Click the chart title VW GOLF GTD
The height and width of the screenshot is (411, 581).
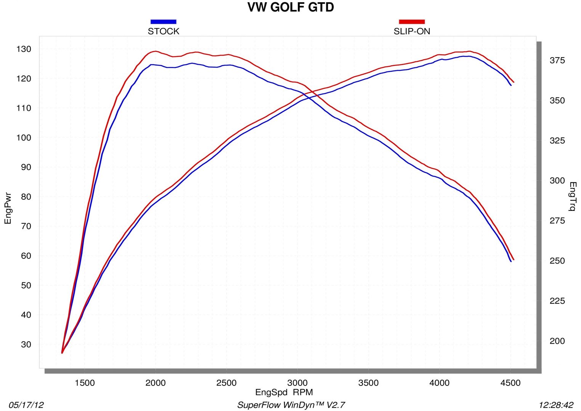(290, 7)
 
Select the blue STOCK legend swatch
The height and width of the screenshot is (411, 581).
(163, 22)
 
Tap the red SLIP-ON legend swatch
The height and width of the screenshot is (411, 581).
(411, 22)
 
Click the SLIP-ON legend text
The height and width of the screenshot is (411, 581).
(412, 31)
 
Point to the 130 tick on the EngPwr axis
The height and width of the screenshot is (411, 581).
(24, 49)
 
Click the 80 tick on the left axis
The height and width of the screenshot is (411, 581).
(26, 197)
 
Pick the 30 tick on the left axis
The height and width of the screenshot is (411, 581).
(26, 344)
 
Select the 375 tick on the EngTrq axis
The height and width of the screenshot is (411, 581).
(557, 61)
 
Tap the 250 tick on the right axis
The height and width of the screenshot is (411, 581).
(557, 261)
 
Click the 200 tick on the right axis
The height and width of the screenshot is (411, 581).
(557, 341)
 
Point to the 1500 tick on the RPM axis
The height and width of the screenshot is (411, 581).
(85, 383)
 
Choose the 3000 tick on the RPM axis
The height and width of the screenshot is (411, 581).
(297, 383)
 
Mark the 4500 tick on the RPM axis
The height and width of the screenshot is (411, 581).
(510, 383)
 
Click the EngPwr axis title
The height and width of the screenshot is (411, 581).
(8, 209)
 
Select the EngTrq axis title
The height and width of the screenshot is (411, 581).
(573, 196)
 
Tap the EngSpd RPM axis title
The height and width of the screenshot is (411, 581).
(284, 392)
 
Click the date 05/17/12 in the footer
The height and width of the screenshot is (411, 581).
(26, 405)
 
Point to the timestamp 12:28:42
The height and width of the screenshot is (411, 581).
(556, 405)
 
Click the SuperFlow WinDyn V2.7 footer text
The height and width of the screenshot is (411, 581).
(291, 405)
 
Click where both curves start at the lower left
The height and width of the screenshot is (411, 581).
(62, 353)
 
